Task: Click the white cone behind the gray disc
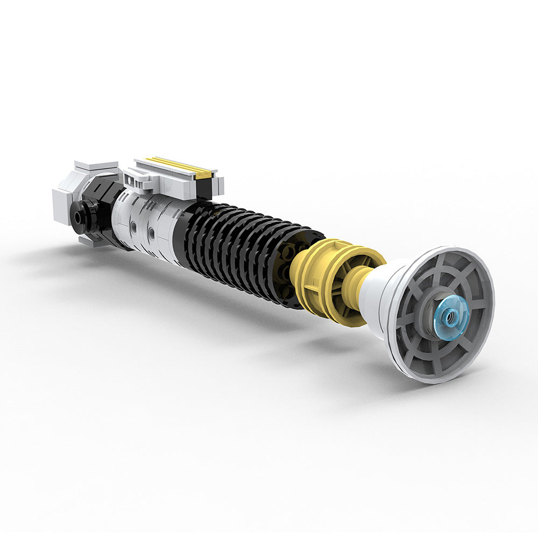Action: click(379, 299)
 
